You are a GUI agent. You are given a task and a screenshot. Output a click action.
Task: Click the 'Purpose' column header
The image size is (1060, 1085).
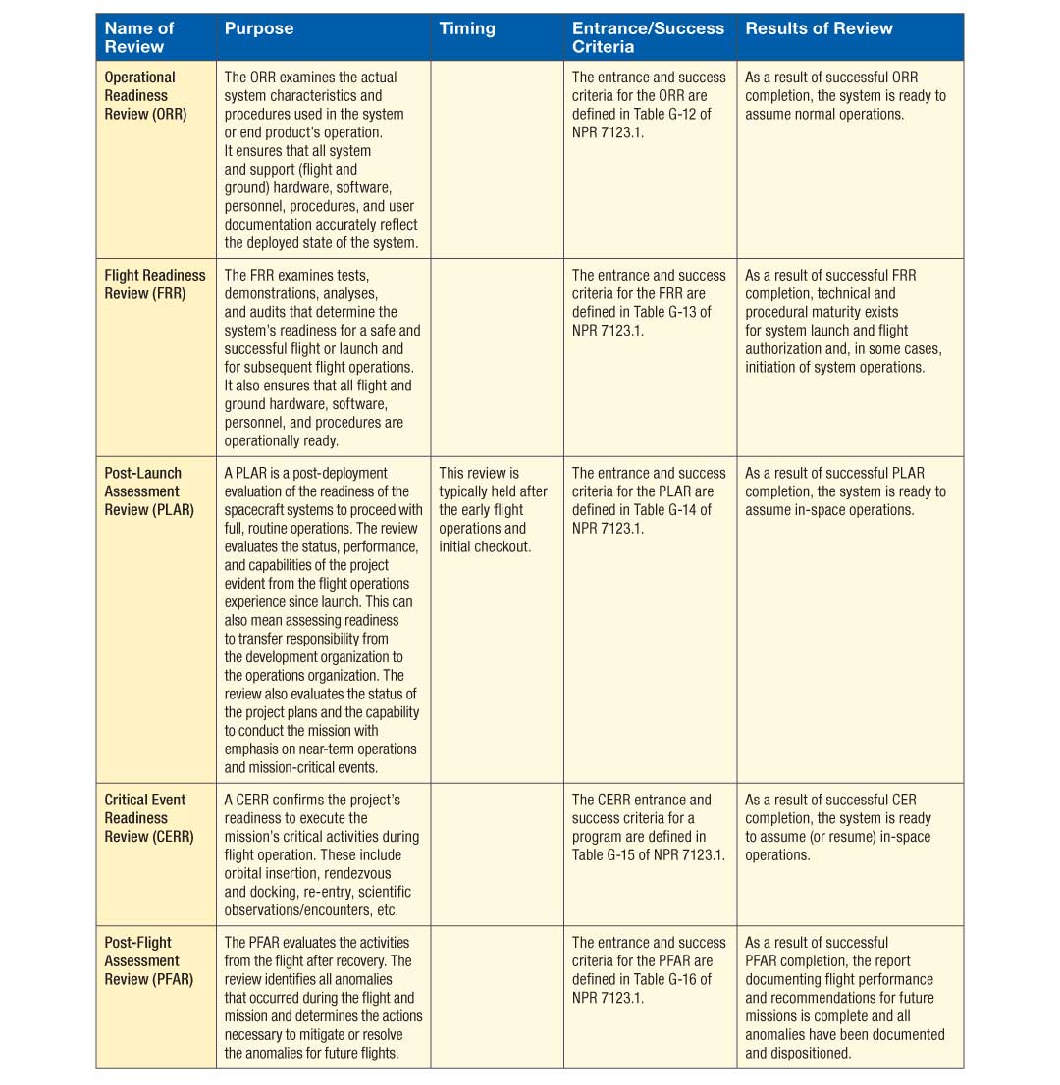(x=259, y=28)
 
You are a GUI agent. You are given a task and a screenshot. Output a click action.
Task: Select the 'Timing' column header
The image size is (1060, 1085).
(x=467, y=28)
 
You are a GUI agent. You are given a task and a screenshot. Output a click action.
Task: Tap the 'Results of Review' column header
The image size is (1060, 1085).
(x=819, y=28)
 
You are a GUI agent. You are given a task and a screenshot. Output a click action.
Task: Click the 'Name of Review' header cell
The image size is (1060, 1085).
(x=139, y=37)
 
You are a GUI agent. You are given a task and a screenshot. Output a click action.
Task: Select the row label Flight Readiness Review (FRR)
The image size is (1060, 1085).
(x=155, y=284)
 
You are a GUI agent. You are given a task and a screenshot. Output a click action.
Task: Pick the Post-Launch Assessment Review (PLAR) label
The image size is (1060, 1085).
(x=149, y=491)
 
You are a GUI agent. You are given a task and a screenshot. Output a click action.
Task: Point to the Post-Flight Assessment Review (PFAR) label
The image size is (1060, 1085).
(x=149, y=960)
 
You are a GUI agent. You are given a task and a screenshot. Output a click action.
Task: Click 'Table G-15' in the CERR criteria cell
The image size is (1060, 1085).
(x=608, y=855)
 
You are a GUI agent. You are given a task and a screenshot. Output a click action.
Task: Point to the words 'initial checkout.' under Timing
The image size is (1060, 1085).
(x=485, y=546)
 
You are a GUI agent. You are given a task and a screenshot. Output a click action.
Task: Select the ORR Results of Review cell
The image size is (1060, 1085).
(x=844, y=95)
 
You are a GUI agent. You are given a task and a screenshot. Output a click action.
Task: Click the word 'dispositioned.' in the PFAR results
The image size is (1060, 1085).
(x=798, y=1053)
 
